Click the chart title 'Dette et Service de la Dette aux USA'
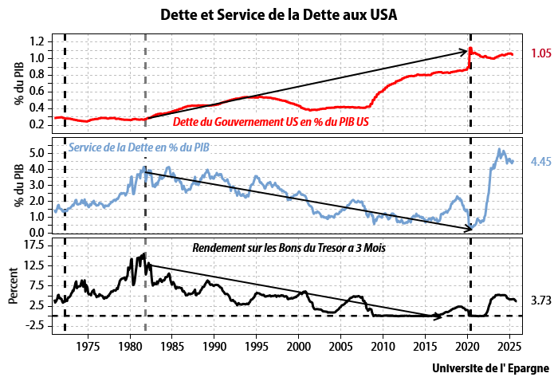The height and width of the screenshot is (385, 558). click(279, 14)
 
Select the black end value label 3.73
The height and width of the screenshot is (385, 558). click(540, 301)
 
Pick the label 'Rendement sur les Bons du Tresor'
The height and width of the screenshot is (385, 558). click(289, 248)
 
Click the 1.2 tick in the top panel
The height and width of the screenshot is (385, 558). click(36, 41)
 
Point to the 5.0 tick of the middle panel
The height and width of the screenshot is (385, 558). click(36, 151)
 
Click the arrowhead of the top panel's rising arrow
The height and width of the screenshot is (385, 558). click(466, 52)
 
